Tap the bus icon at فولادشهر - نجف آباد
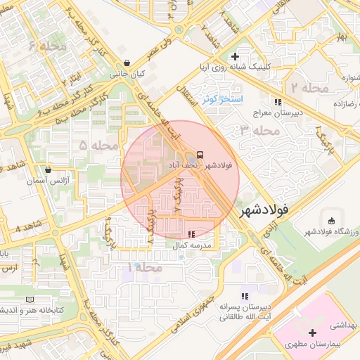pyautogui.click(x=201, y=154)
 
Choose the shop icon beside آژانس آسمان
pyautogui.click(x=48, y=169)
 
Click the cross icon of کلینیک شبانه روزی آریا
pyautogui.click(x=236, y=56)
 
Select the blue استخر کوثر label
pyautogui.click(x=221, y=99)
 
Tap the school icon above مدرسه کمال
pyautogui.click(x=191, y=233)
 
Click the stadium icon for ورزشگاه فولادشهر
pyautogui.click(x=331, y=220)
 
